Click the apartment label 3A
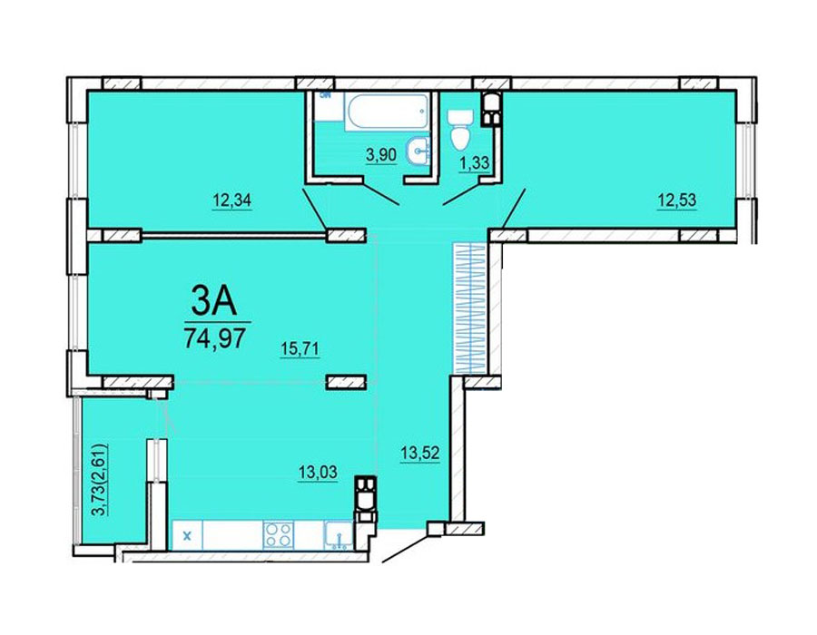pyautogui.click(x=213, y=303)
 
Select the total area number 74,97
pyautogui.click(x=214, y=339)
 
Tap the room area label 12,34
pyautogui.click(x=231, y=200)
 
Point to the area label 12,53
pyautogui.click(x=676, y=200)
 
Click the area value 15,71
pyautogui.click(x=300, y=348)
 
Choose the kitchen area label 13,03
pyautogui.click(x=318, y=473)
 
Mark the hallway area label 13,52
pyautogui.click(x=420, y=453)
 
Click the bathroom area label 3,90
pyautogui.click(x=381, y=154)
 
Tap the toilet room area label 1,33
pyautogui.click(x=474, y=163)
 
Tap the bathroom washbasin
pyautogui.click(x=420, y=151)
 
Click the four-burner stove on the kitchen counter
pyautogui.click(x=278, y=535)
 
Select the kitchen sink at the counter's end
pyautogui.click(x=339, y=535)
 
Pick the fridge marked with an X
pyautogui.click(x=188, y=535)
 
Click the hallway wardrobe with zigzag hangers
pyautogui.click(x=470, y=308)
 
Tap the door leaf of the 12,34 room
pyautogui.click(x=315, y=210)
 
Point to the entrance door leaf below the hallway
pyautogui.click(x=406, y=546)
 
